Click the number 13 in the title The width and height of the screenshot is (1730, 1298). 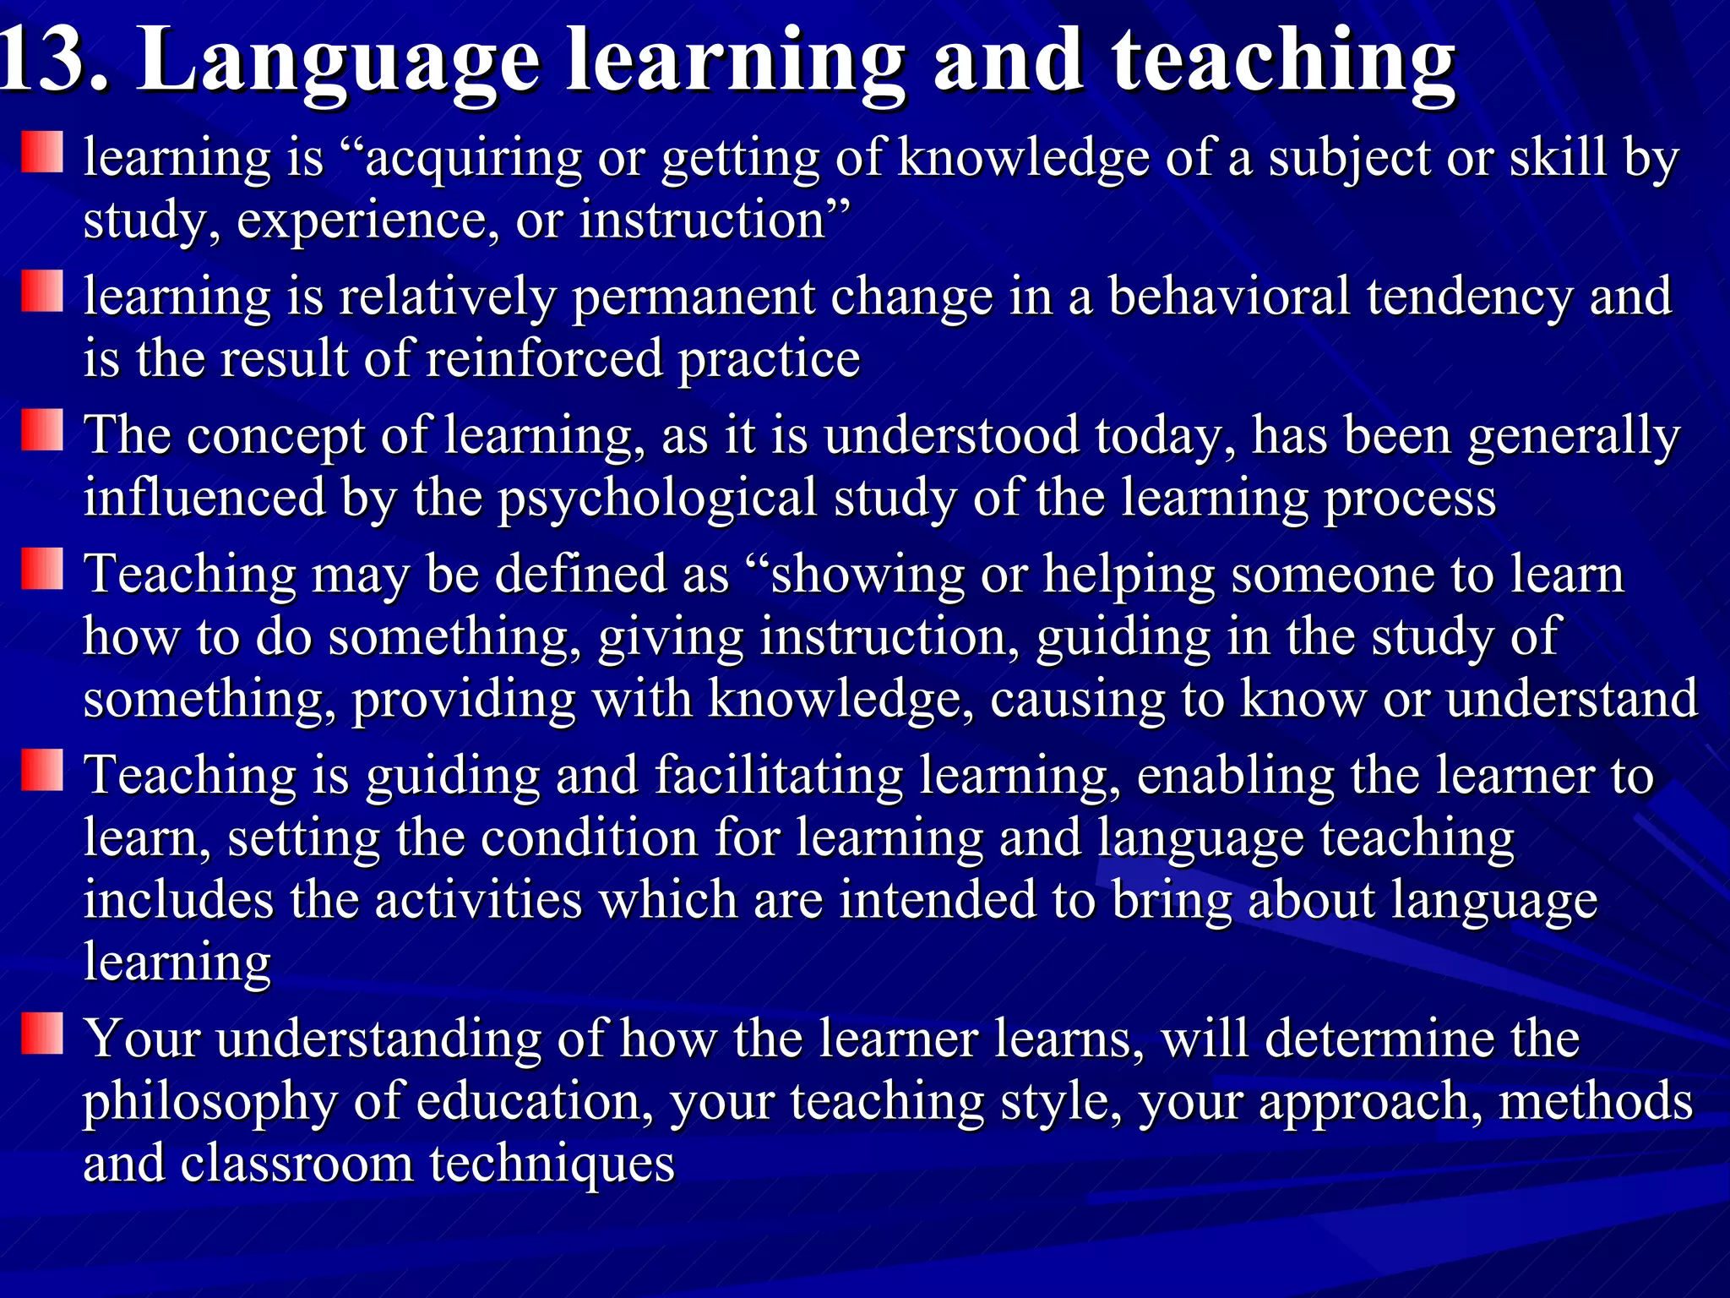pos(51,61)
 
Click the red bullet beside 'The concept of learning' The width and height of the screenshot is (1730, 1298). pos(42,430)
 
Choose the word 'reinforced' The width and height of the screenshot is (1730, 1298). pos(544,358)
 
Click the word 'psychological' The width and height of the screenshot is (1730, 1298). pos(656,499)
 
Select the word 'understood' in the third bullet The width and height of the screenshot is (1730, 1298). pos(951,436)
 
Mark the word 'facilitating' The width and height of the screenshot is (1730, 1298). pos(779,777)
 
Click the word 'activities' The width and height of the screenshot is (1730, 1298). pos(478,900)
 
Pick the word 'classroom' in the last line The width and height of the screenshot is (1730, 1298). pos(296,1164)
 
